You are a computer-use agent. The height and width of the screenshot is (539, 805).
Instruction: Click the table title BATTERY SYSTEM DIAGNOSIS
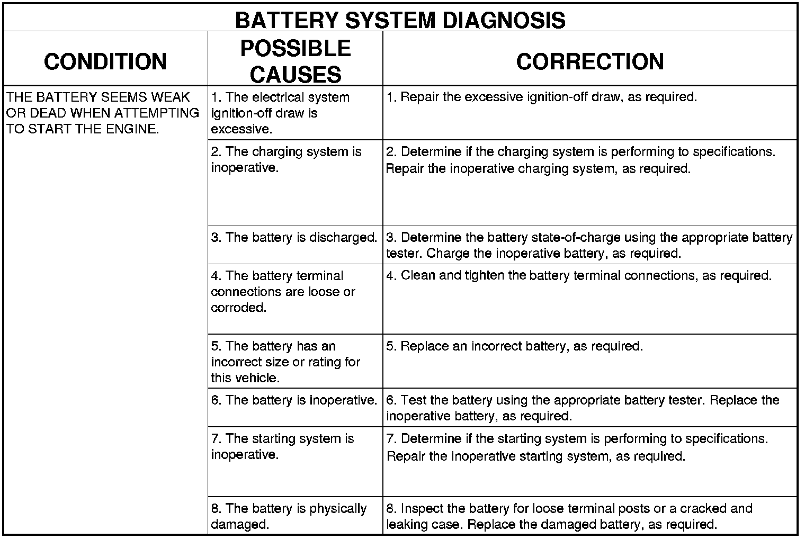(x=400, y=20)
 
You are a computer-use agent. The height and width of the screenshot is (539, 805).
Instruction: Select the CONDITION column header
(x=105, y=61)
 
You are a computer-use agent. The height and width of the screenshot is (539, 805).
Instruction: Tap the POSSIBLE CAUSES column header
(x=296, y=61)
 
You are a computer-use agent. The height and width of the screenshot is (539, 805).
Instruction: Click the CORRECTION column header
(x=590, y=61)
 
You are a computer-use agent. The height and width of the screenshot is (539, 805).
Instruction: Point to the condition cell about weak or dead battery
(x=103, y=113)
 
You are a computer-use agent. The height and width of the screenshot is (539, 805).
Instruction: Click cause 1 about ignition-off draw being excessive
(x=280, y=113)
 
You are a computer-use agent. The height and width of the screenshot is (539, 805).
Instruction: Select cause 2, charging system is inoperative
(x=286, y=159)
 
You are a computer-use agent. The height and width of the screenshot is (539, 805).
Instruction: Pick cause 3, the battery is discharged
(x=294, y=237)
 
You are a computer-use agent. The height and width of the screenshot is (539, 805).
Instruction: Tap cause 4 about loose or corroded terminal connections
(x=283, y=291)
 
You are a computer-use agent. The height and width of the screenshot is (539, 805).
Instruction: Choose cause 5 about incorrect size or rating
(x=285, y=362)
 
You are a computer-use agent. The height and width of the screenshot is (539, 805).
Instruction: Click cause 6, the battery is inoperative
(x=294, y=400)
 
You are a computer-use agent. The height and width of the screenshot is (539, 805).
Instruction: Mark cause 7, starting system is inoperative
(x=282, y=446)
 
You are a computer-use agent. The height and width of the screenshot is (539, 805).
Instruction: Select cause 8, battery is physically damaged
(x=289, y=516)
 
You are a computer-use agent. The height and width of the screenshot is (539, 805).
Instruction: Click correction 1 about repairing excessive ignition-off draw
(x=541, y=97)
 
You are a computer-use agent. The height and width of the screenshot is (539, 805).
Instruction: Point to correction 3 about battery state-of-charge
(x=589, y=245)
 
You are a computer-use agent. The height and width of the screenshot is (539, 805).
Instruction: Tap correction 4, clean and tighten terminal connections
(x=578, y=275)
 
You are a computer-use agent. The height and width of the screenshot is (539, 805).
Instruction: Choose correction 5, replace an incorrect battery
(x=514, y=346)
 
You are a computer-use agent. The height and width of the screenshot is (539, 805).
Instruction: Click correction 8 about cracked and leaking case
(x=569, y=516)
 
